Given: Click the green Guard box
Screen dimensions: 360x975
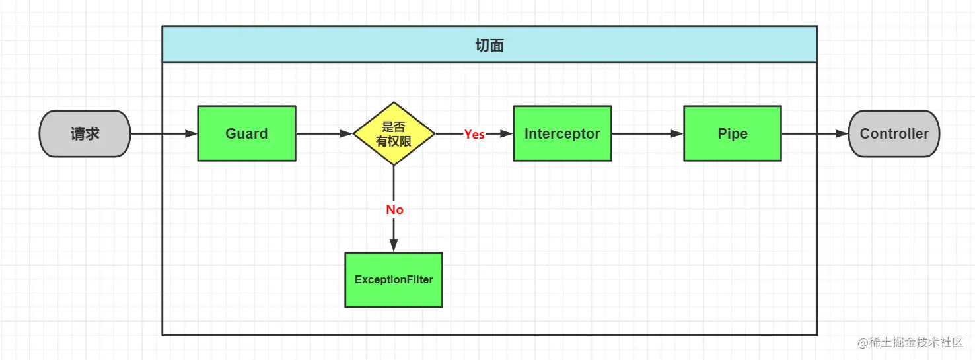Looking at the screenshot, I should point(246,133).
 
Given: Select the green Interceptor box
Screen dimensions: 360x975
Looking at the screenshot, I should point(562,133).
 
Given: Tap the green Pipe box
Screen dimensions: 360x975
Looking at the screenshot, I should point(733,133).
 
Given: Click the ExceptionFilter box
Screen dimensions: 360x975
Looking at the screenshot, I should point(394,280).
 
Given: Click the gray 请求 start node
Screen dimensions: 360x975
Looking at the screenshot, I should point(85,133).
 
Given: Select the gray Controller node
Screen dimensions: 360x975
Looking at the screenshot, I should point(894,133).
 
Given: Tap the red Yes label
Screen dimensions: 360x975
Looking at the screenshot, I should point(474,134).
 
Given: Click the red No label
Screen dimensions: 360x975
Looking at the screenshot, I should point(394,209).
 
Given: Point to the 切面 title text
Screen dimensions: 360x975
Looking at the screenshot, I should point(489,45).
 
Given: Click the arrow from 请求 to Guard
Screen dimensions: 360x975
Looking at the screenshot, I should point(164,133).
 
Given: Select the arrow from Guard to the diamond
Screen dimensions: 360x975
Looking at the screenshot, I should point(324,133).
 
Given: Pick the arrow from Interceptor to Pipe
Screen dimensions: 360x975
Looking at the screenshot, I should point(647,133).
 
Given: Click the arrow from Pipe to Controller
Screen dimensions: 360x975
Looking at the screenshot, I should point(814,133).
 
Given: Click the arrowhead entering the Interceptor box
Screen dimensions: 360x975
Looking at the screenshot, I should point(507,133).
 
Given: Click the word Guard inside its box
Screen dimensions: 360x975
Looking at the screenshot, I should point(246,133).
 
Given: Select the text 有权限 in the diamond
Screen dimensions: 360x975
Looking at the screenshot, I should point(394,141).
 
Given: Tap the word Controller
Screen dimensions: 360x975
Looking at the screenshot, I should point(894,133).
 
